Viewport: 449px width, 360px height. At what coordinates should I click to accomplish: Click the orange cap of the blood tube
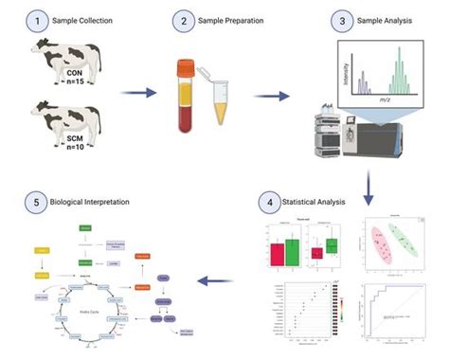[187, 67]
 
